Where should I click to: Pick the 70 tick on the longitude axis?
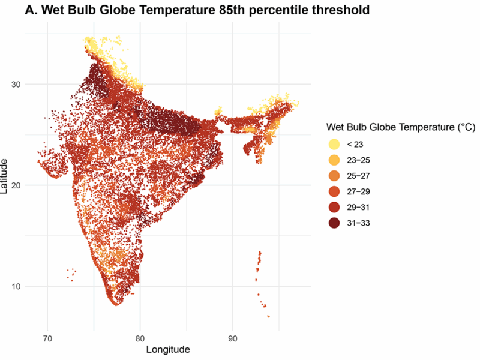coord(48,337)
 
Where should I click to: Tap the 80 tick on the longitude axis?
coord(140,337)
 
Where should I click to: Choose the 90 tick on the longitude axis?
coord(233,337)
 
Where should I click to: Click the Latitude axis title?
coord(5,176)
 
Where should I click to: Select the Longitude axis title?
coord(168,349)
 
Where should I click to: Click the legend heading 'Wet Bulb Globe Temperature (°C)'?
coord(401,127)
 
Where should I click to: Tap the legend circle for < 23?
coord(334,145)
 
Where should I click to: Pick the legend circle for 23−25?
coord(334,160)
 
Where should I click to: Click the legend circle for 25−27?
coord(334,176)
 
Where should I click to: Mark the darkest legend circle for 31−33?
coord(334,223)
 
